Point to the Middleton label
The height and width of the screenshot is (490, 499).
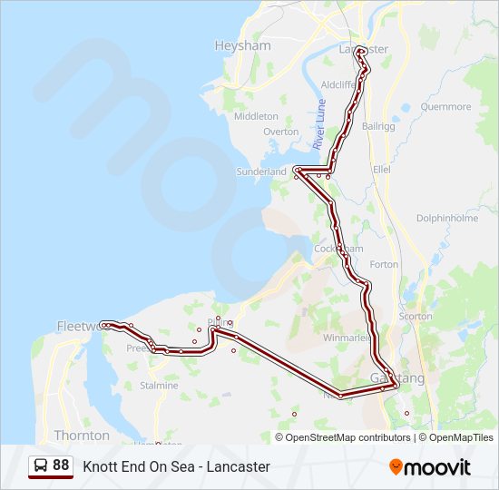(x=256, y=116)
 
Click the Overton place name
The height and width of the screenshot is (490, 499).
(x=280, y=132)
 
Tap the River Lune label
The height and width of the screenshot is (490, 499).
(x=319, y=125)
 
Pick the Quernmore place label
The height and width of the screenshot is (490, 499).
(x=446, y=107)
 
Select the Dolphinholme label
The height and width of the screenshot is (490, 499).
(x=446, y=218)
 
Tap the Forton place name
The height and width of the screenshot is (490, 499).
(x=384, y=264)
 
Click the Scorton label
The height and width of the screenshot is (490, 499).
(x=416, y=316)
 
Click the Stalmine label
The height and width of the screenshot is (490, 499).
(x=159, y=386)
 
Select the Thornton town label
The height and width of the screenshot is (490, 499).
(x=82, y=436)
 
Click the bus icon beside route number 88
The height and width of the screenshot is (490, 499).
(x=41, y=465)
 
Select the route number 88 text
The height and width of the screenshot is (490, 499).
(x=61, y=465)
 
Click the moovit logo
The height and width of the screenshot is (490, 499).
(x=430, y=467)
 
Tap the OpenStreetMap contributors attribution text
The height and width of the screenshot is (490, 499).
(x=347, y=437)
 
